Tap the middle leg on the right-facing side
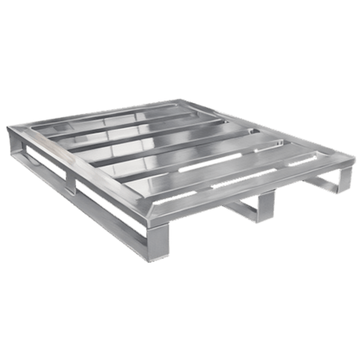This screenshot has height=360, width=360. (264, 207)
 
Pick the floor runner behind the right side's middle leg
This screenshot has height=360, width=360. (240, 210)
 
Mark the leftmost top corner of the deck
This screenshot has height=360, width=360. (8, 127)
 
